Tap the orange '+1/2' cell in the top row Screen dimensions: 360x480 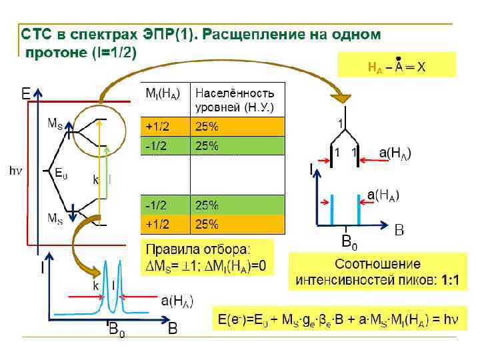click(165, 127)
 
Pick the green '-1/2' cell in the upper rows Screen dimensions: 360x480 click(165, 145)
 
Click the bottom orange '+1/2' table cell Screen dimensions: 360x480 click(165, 224)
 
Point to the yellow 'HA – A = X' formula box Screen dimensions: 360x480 click(396, 65)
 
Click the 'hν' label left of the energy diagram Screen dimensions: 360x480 click(15, 171)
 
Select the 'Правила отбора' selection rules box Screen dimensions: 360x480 click(207, 258)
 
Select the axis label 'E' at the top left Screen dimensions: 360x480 click(26, 95)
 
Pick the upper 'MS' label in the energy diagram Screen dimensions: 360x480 click(55, 123)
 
